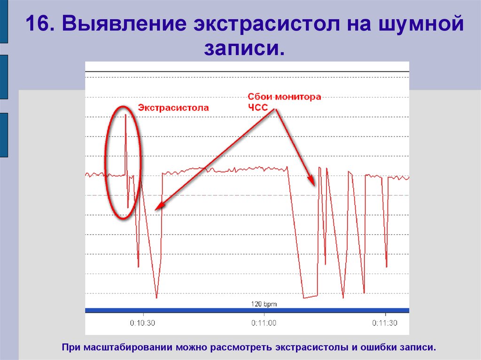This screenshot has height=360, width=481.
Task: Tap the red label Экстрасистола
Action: point(173,107)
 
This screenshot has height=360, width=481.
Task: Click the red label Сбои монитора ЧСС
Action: point(284,101)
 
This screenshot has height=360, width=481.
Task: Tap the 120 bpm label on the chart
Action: point(264,304)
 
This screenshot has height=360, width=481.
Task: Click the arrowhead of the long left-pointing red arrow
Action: point(158,207)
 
